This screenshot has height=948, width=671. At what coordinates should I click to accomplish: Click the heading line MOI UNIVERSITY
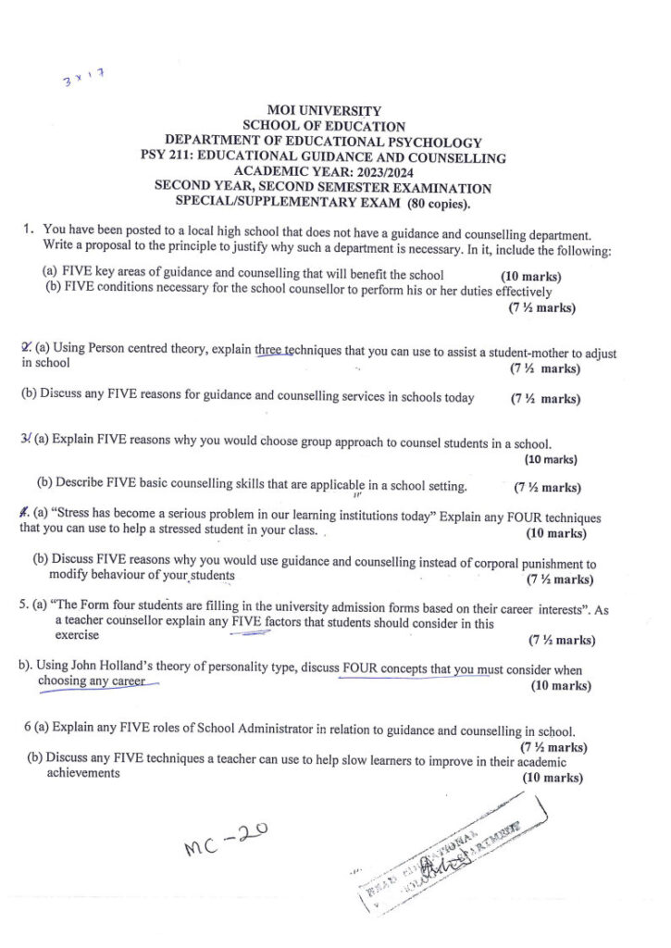tap(323, 111)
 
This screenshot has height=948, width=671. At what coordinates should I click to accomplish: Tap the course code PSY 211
tap(168, 157)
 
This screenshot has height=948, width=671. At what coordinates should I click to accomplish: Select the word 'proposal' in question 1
tap(106, 250)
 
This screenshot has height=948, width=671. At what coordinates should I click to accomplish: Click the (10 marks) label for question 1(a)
tap(530, 276)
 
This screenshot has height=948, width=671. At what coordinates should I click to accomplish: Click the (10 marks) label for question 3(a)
tap(551, 460)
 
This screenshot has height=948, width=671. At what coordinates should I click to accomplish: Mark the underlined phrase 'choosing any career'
tap(92, 682)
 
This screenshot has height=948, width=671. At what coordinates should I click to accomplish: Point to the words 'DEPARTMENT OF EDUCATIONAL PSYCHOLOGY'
tap(323, 142)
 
